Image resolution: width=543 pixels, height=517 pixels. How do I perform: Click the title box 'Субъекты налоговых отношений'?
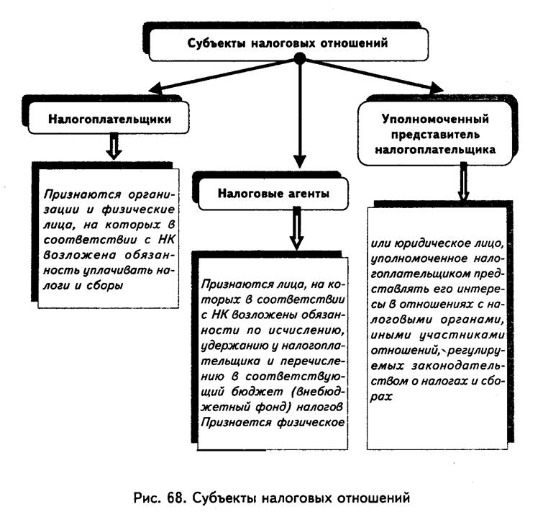click(288, 44)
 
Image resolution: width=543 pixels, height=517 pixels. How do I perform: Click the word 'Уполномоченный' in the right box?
click(435, 119)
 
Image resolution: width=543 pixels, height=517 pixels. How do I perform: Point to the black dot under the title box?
click(300, 58)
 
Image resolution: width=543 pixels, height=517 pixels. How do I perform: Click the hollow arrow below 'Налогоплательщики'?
click(114, 147)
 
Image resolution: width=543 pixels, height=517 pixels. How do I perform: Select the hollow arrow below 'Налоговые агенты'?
click(297, 229)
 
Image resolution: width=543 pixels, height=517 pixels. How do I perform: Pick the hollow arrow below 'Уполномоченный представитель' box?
click(463, 182)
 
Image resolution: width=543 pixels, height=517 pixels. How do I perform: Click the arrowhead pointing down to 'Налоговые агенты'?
click(300, 162)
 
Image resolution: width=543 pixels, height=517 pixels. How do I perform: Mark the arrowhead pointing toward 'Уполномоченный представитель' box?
click(435, 87)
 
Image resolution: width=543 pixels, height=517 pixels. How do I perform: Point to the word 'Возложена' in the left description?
click(80, 255)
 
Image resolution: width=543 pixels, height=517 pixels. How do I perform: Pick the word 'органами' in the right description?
click(472, 320)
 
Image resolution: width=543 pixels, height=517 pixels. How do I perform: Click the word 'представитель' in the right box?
click(435, 135)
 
